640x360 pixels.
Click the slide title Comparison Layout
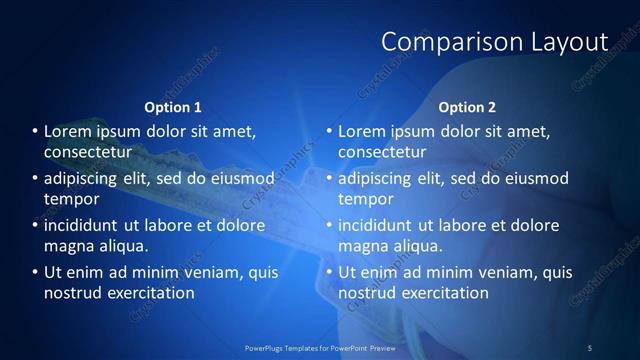click(495, 42)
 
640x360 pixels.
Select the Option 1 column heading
click(173, 107)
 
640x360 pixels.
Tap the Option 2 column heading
click(467, 107)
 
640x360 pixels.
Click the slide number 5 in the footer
click(590, 347)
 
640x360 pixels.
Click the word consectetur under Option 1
click(88, 152)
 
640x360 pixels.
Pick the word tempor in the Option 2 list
click(363, 199)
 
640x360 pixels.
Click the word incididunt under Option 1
click(82, 224)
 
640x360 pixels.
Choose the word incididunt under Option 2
click(376, 224)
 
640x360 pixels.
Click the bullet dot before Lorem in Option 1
click(34, 131)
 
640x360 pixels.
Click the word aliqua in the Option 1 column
click(122, 246)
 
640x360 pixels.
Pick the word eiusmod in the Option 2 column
click(535, 178)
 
